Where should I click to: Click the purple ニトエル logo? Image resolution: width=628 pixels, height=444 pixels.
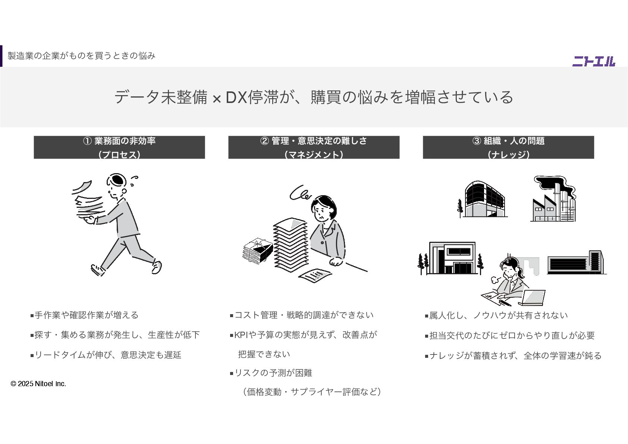click(x=593, y=61)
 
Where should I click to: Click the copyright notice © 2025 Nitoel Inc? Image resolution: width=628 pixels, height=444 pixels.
click(x=38, y=384)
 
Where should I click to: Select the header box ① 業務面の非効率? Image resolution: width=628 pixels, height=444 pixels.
click(x=119, y=147)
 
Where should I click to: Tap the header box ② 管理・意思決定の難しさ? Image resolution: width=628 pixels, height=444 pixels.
click(x=314, y=147)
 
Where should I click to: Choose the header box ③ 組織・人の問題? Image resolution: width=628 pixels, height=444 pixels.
click(x=508, y=147)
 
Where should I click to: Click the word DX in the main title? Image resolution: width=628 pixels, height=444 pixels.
click(x=236, y=97)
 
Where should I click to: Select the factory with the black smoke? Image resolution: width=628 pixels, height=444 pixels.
click(x=553, y=201)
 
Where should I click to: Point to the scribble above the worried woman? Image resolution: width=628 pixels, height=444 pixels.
click(x=301, y=193)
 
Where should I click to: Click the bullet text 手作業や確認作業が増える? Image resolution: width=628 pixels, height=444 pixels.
click(x=87, y=315)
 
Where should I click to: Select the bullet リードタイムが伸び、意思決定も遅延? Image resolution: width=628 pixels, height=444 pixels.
click(x=108, y=355)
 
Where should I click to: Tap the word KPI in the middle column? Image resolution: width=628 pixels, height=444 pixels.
click(x=241, y=335)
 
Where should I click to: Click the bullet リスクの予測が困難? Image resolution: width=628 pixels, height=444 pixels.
click(x=273, y=373)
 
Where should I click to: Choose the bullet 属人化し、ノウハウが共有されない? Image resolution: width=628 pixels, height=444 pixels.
click(x=498, y=316)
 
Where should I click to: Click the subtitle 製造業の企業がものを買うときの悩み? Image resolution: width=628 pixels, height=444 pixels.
click(x=81, y=56)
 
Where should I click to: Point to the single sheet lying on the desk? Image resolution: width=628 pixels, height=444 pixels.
click(x=315, y=275)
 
